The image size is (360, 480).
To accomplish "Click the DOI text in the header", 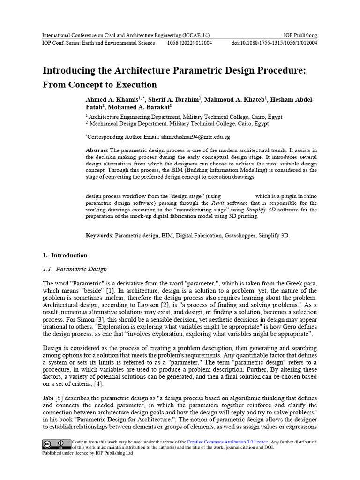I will coord(274,43).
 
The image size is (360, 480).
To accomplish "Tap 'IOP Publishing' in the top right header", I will coord(300,35).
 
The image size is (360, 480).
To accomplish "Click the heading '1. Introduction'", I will coord(65,255).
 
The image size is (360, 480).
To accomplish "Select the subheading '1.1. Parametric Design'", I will coord(75,269).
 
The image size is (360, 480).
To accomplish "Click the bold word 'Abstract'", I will coord(97,150).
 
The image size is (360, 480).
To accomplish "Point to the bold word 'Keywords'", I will coord(99,235).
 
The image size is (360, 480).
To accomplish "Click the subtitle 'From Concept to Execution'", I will coord(100,85).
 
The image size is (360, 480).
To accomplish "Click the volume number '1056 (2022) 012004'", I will coord(189,43).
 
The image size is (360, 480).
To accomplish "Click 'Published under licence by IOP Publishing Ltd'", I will coord(87,453).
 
